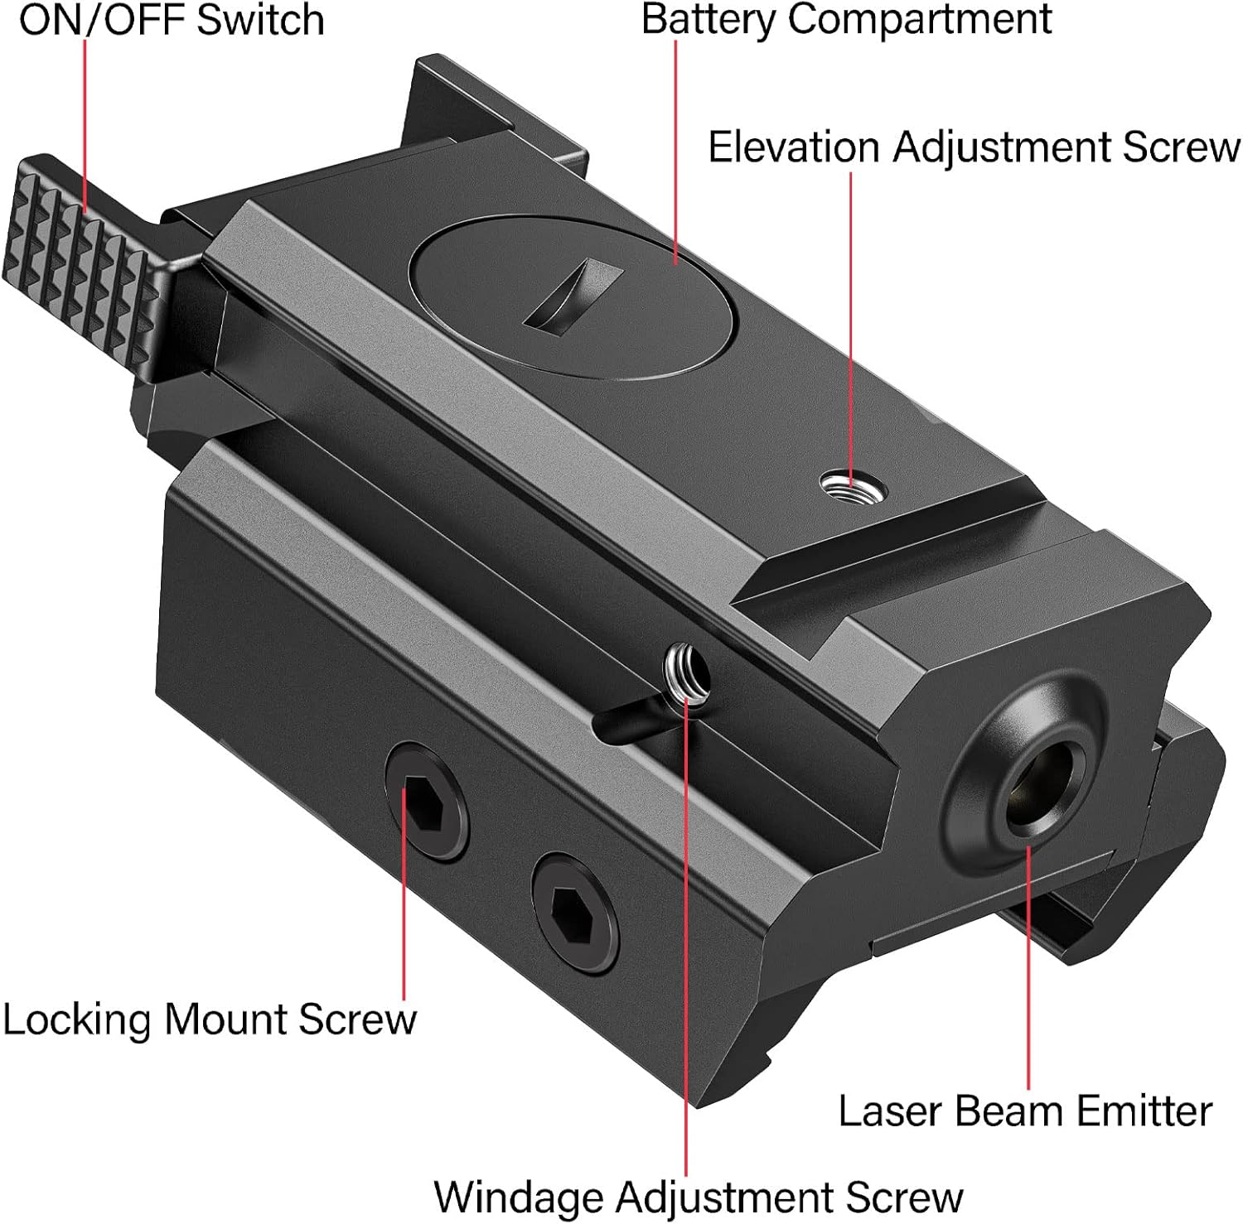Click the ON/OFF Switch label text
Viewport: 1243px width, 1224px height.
click(172, 20)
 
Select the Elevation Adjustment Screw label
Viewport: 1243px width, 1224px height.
click(974, 147)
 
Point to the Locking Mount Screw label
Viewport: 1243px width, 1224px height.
click(209, 1019)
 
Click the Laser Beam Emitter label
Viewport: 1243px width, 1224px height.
click(1025, 1111)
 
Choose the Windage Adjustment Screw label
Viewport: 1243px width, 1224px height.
click(699, 1197)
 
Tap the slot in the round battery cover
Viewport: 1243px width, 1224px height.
click(573, 295)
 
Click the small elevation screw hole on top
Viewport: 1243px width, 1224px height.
click(853, 485)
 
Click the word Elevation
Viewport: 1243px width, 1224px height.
click(793, 147)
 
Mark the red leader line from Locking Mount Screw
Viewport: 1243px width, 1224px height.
click(404, 911)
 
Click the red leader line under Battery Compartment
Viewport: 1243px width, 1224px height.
click(676, 149)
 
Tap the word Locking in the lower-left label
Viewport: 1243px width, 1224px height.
click(79, 1019)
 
